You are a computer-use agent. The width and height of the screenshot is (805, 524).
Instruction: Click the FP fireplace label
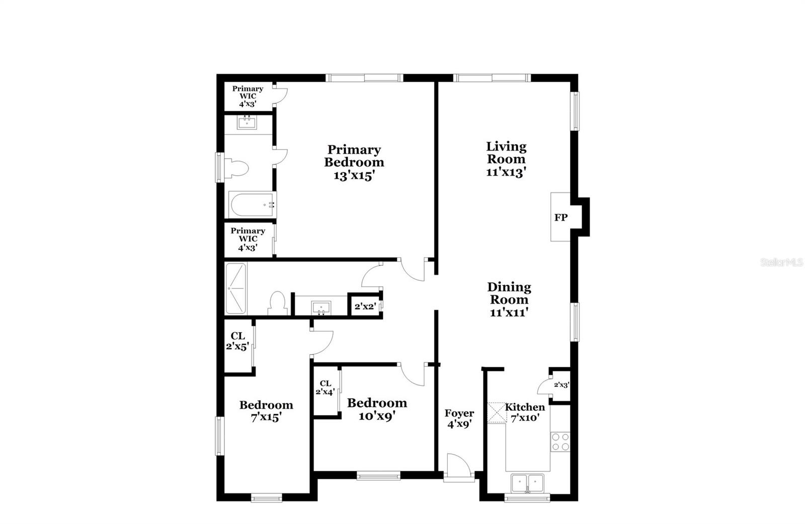coord(560,217)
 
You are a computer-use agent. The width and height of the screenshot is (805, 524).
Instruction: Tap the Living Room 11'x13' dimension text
coord(506,173)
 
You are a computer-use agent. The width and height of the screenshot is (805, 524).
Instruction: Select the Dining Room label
coord(509,293)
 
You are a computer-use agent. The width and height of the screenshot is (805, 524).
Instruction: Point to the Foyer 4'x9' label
coord(459,419)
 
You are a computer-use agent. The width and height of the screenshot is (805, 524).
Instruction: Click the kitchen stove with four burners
coord(560,442)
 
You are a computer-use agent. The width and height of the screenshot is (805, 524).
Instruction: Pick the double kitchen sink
coord(527,483)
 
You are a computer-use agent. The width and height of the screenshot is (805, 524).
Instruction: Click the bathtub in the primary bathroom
coord(253,205)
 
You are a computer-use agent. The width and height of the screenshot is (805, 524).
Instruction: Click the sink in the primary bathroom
coord(247,122)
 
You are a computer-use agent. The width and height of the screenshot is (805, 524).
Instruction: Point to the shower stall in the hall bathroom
coord(236,288)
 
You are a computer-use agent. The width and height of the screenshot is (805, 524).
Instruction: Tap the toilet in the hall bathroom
coord(277,303)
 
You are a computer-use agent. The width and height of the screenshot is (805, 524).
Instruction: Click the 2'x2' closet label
coord(365,307)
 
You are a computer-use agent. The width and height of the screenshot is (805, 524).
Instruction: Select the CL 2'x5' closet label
coord(237,341)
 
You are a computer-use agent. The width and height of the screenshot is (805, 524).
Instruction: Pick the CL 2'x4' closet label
coord(325,388)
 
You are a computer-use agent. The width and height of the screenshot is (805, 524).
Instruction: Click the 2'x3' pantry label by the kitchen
coord(561,385)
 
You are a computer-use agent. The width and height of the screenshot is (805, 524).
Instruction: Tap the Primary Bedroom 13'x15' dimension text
coord(354,176)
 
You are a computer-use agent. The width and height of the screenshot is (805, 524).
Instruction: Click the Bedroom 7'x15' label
coord(266,411)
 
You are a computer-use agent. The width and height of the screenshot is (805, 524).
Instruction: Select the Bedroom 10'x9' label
coord(377,409)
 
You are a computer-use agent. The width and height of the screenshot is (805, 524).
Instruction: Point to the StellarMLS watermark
coord(782,262)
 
